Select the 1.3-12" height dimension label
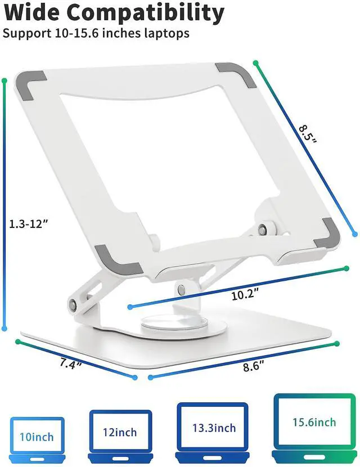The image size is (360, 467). [x=29, y=223]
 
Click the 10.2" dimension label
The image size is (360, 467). [x=245, y=295]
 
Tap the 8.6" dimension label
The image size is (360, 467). [x=254, y=366]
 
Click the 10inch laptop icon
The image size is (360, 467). [x=37, y=440]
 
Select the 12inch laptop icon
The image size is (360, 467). [x=120, y=437]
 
